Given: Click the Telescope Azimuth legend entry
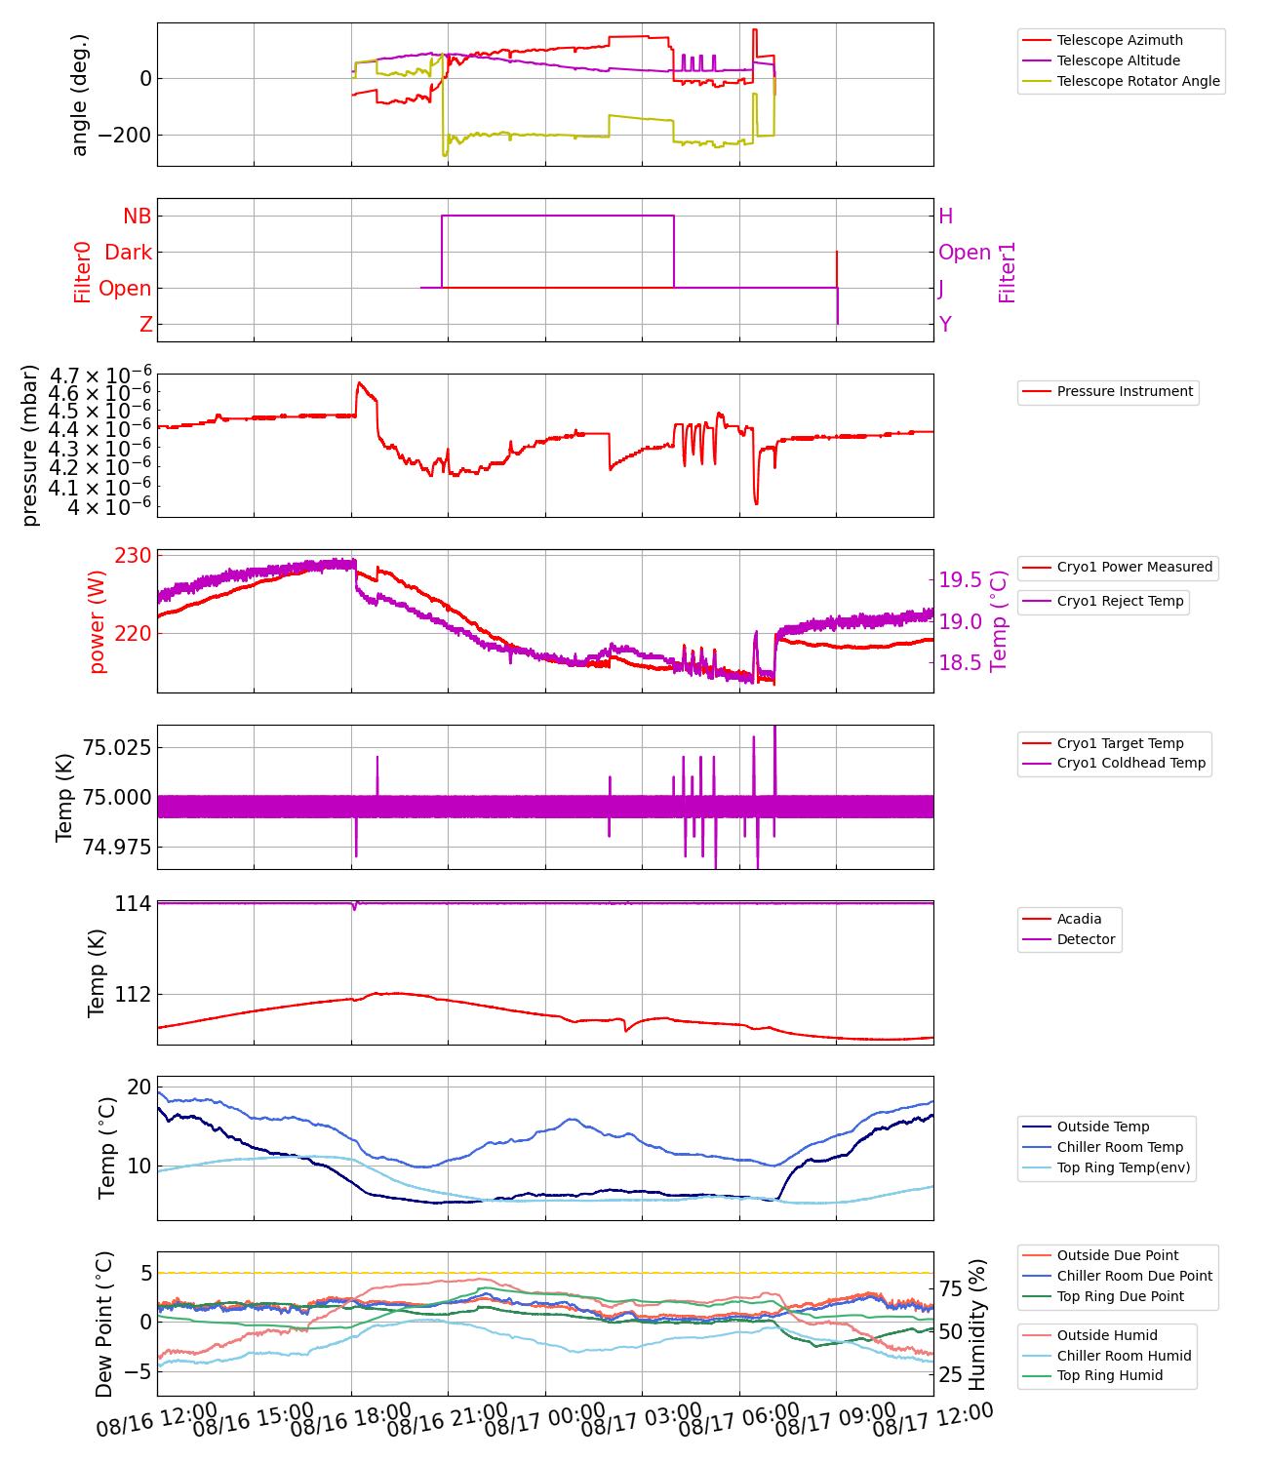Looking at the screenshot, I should pyautogui.click(x=1120, y=40).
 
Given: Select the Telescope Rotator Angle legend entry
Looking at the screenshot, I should pyautogui.click(x=1138, y=81).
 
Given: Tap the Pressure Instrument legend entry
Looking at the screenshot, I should pyautogui.click(x=1125, y=391).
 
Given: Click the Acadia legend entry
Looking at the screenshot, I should pyautogui.click(x=1079, y=919).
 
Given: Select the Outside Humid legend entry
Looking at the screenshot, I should pyautogui.click(x=1107, y=1335).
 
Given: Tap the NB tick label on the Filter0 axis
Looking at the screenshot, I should pyautogui.click(x=137, y=217).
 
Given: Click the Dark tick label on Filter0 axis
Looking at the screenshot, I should pyautogui.click(x=128, y=253).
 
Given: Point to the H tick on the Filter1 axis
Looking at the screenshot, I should pyautogui.click(x=945, y=217).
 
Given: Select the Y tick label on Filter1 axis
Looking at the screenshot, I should pyautogui.click(x=945, y=324).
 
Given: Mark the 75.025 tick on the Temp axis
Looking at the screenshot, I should pyautogui.click(x=116, y=748).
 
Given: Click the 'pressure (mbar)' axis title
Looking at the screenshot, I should pyautogui.click(x=30, y=446).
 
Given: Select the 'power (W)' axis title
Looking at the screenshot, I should pyautogui.click(x=97, y=629).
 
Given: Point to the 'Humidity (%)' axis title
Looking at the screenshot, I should pyautogui.click(x=977, y=1325).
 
